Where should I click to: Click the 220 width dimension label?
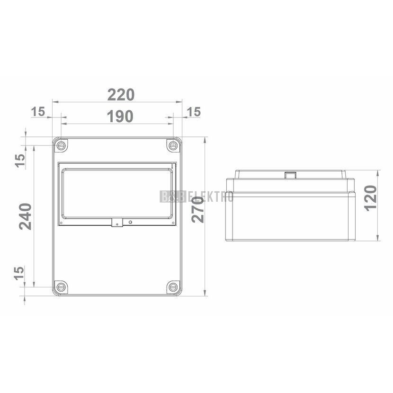121,95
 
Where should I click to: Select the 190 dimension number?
120,116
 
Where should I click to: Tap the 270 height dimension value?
197,210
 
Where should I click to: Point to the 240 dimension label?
25,216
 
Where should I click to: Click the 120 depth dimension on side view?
370,198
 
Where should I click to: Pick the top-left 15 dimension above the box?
38,112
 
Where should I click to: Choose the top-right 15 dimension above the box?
194,112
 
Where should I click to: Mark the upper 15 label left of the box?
20,161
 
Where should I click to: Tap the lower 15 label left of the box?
19,273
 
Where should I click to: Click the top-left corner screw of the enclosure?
61,145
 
